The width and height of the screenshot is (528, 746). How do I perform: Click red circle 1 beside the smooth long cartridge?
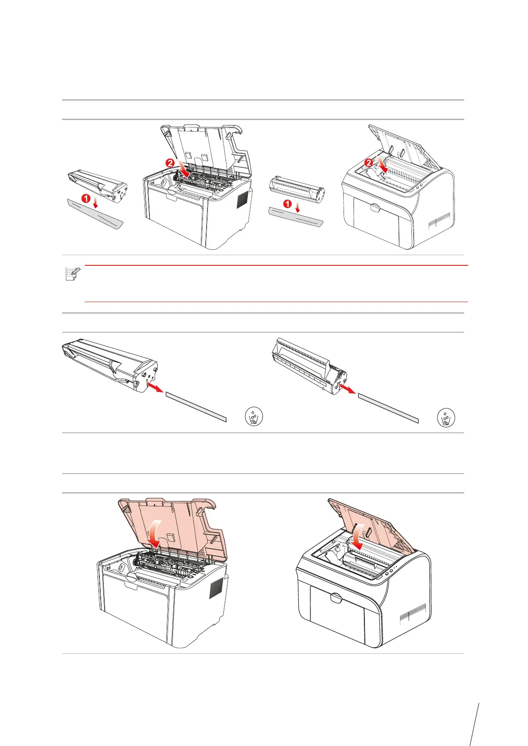coord(86,198)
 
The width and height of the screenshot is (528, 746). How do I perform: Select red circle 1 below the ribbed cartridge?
coord(288,204)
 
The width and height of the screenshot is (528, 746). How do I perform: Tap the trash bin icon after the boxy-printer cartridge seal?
coord(254,417)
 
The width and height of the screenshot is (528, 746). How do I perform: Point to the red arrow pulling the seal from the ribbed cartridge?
coord(346,389)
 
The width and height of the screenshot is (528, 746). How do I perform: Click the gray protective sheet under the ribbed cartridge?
coord(296,217)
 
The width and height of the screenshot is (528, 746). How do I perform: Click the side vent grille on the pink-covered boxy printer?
coord(216,589)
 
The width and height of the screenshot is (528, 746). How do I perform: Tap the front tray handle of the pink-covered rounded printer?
coord(336,598)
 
